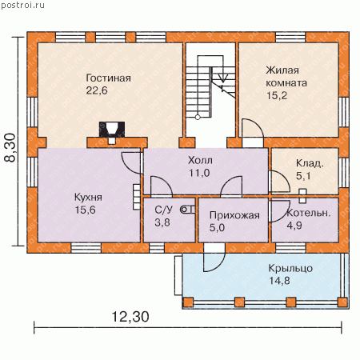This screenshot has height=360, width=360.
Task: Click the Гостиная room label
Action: [x=108, y=78]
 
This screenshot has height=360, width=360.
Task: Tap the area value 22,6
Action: [x=97, y=90]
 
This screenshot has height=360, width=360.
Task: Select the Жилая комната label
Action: [x=286, y=77]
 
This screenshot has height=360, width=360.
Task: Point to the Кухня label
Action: [x=88, y=198]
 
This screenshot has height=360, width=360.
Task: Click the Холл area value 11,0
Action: [x=199, y=173]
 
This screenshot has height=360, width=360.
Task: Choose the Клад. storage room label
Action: [x=310, y=163]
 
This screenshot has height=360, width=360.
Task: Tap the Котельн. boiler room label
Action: [x=308, y=213]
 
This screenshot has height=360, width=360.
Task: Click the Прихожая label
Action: [x=234, y=215]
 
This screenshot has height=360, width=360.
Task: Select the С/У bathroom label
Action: [x=163, y=210]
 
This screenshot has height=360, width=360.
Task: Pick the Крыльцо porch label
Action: [x=290, y=268]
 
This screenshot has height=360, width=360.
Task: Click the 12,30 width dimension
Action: [x=130, y=317]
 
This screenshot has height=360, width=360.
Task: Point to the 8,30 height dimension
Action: [x=10, y=147]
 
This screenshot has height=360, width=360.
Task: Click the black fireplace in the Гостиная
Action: [x=112, y=130]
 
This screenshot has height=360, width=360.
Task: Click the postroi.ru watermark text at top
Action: [x=22, y=5]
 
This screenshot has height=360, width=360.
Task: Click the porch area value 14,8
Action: [x=279, y=281]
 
